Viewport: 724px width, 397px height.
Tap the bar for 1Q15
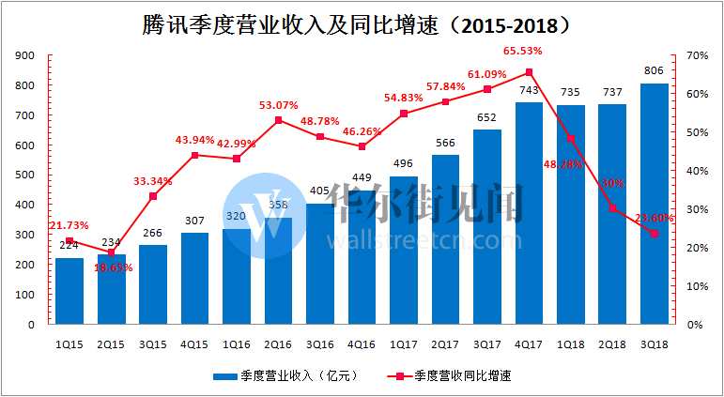pyautogui.click(x=69, y=291)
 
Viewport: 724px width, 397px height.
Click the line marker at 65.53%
pyautogui.click(x=529, y=72)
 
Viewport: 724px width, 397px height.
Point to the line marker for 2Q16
pyautogui.click(x=278, y=120)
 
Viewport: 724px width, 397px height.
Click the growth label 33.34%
pyautogui.click(x=153, y=180)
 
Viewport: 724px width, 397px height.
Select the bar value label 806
pyautogui.click(x=654, y=69)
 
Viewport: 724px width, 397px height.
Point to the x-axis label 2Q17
pyautogui.click(x=445, y=344)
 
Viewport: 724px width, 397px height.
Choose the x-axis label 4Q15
pyautogui.click(x=194, y=344)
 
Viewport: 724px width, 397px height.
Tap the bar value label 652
pyautogui.click(x=487, y=116)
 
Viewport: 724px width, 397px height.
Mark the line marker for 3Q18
pyautogui.click(x=654, y=234)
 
